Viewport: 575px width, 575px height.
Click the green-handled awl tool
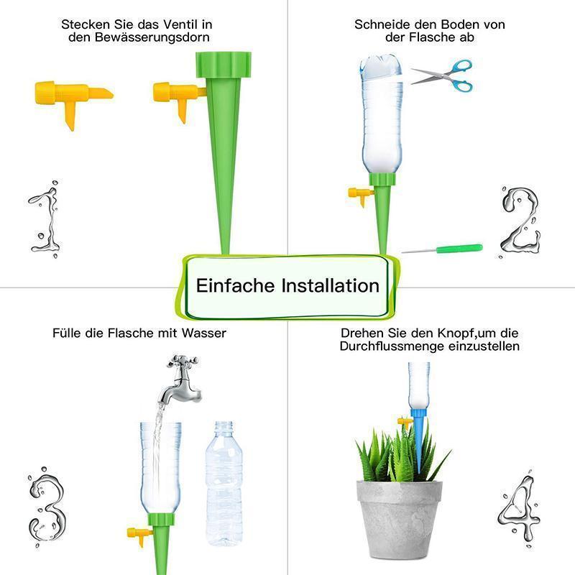tap(442, 249)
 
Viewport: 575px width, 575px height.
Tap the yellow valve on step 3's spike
tap(139, 535)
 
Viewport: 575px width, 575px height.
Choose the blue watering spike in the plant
tap(418, 438)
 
